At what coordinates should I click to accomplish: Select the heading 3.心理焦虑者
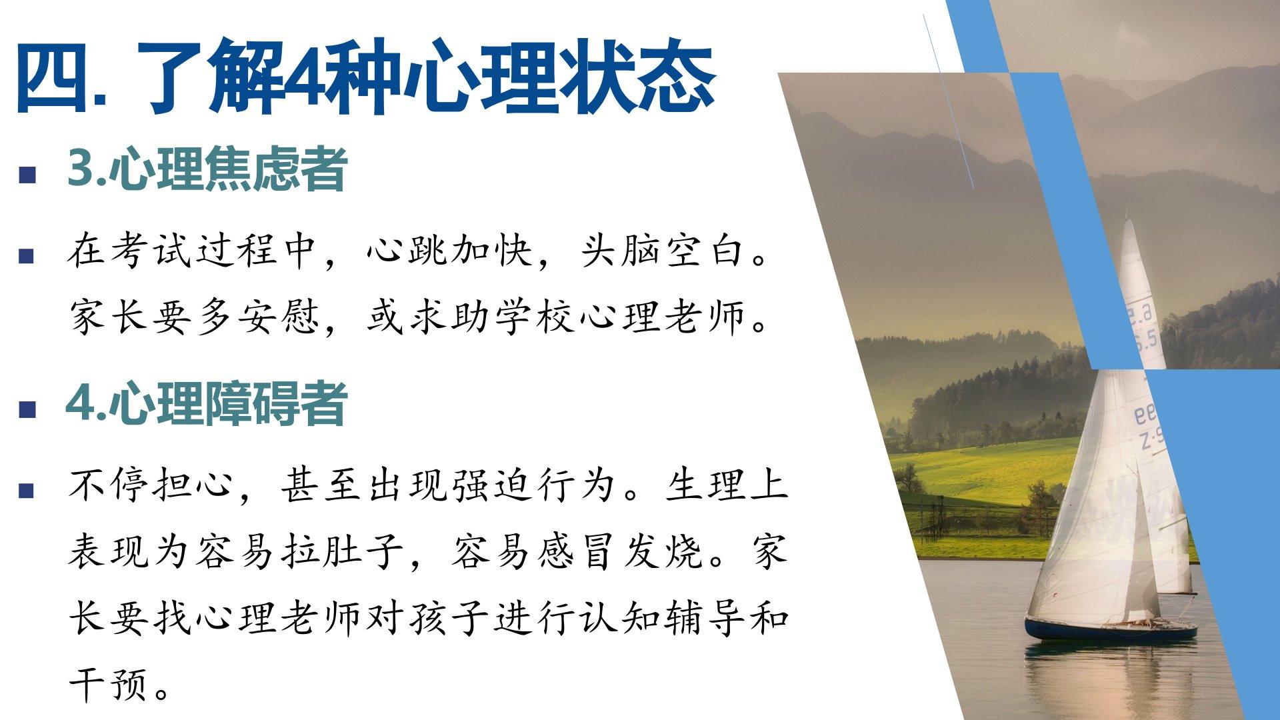pos(207,169)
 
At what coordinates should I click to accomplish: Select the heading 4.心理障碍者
pos(207,404)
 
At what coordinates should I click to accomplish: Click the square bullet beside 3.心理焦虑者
pos(27,175)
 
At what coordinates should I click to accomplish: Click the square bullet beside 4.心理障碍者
pos(27,409)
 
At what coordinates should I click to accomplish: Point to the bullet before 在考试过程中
pos(27,255)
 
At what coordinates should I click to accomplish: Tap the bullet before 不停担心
pos(27,491)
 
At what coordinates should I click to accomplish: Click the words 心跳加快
pos(450,251)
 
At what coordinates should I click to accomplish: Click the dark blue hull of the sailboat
pos(1110,629)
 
